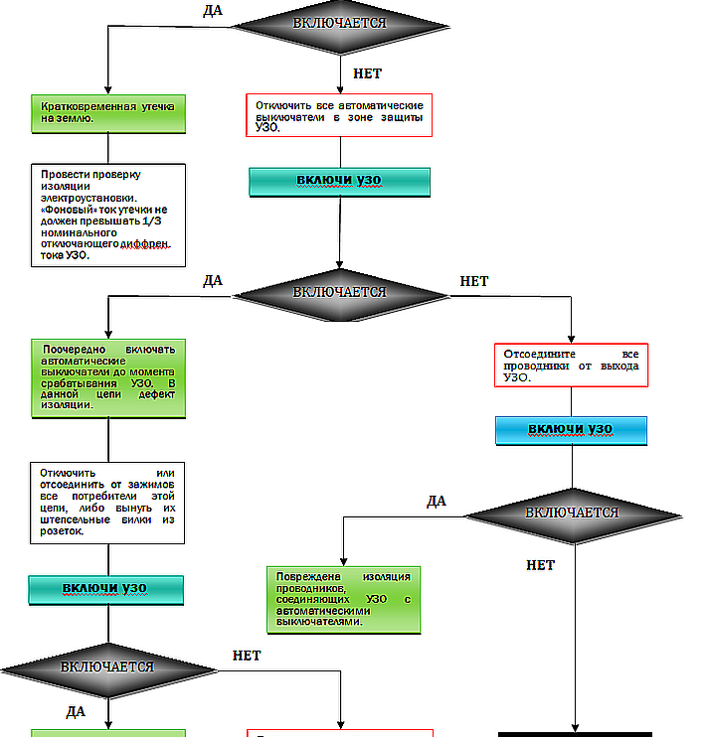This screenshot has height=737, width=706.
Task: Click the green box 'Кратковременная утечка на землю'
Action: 107,114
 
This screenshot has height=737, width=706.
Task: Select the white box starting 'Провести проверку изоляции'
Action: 107,214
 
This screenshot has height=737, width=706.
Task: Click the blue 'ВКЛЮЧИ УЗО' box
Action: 571,429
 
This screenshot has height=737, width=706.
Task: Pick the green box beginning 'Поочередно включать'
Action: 107,377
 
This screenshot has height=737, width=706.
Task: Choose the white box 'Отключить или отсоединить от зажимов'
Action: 107,501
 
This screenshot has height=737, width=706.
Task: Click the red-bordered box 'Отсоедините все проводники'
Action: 571,365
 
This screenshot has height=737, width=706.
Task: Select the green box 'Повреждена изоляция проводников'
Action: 343,599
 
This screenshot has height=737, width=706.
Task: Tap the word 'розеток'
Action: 63,531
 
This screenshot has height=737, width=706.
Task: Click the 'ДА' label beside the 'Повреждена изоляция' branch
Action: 437,501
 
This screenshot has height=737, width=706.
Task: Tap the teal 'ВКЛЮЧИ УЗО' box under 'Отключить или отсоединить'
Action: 106,589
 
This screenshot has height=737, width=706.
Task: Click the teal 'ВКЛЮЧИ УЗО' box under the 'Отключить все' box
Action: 338,181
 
